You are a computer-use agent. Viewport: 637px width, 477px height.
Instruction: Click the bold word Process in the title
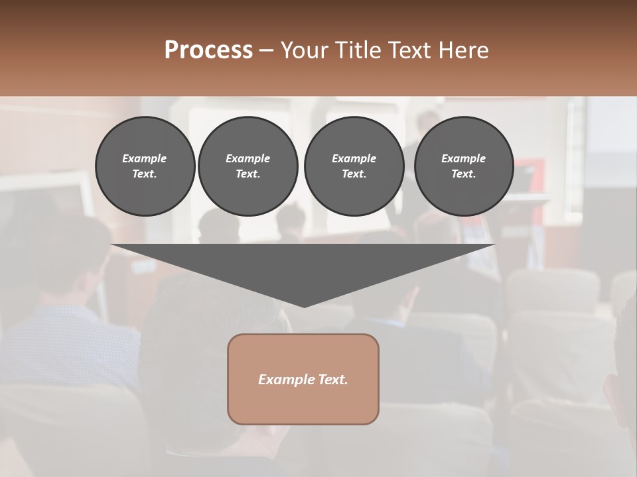[208, 50]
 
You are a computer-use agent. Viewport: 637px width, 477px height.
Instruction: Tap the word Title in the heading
[356, 50]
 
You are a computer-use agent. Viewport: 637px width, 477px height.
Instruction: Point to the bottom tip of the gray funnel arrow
[304, 305]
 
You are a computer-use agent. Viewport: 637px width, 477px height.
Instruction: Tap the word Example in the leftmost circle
[145, 158]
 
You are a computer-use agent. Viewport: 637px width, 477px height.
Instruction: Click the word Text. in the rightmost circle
[464, 174]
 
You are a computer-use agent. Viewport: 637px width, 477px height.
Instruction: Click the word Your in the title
[302, 50]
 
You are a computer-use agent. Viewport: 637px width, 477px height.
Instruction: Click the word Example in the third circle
[354, 158]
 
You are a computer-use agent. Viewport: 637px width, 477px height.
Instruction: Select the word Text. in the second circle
[248, 174]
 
